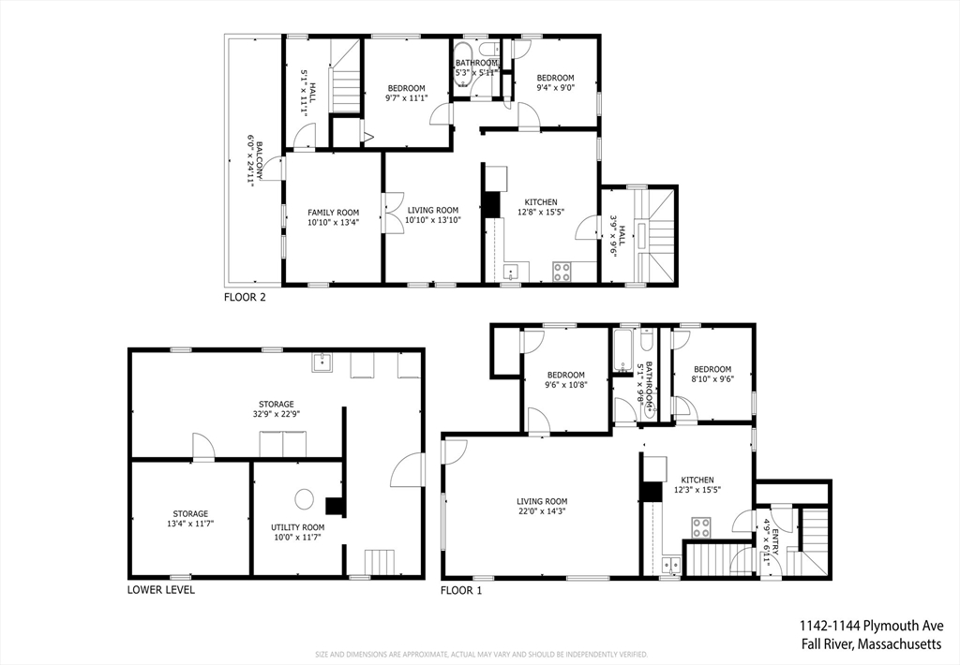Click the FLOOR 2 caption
245,298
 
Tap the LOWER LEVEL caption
161,590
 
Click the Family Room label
333,213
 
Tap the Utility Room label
297,527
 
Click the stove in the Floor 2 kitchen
562,272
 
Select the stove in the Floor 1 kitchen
701,528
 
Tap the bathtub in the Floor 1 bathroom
622,350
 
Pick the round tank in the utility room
305,499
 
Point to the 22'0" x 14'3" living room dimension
541,511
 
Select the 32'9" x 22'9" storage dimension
277,414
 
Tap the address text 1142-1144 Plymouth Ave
871,626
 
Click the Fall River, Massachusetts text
872,643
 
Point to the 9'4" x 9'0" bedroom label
555,82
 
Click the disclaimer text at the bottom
481,655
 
